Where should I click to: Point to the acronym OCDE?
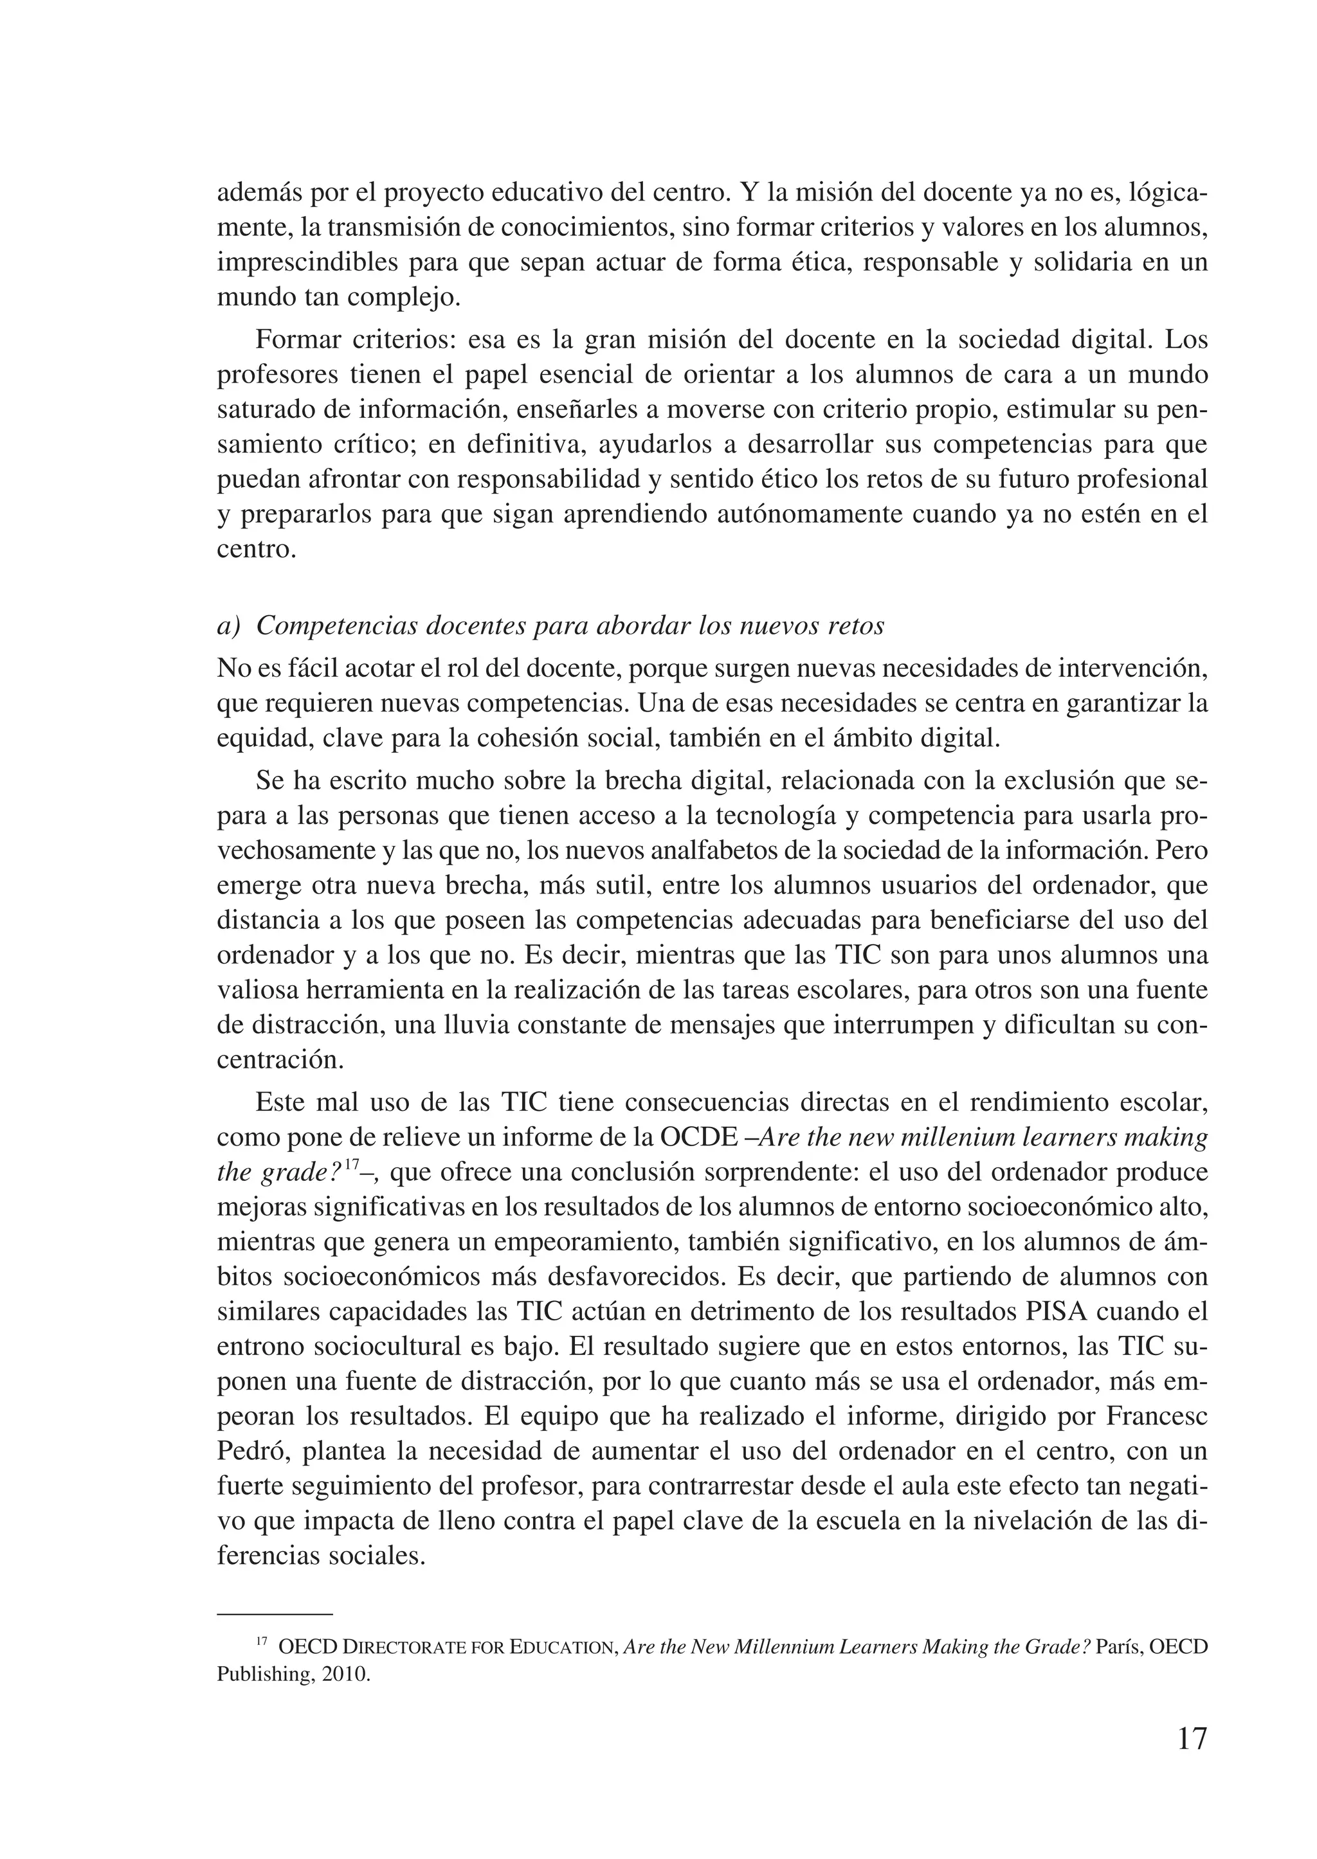click(x=698, y=1138)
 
